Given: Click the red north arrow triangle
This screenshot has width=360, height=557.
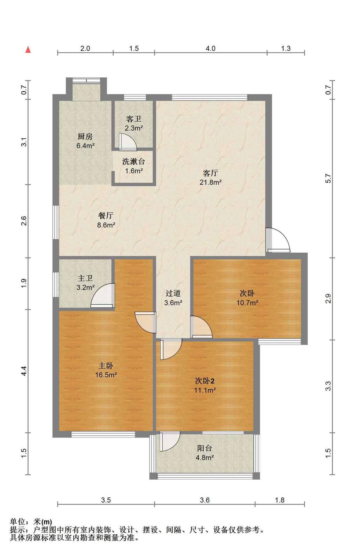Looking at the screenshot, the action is [x=28, y=50].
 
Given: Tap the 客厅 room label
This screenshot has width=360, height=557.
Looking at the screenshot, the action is [x=210, y=173].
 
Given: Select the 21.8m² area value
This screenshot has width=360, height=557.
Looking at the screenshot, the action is [x=210, y=182].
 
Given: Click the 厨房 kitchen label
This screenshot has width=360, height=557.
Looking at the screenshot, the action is [x=85, y=136].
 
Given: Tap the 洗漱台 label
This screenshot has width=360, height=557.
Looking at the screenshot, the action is [x=134, y=161].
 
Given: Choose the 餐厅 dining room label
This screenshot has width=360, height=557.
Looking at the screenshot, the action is [x=106, y=216].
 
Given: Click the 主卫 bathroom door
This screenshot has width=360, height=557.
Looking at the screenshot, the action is [x=103, y=295].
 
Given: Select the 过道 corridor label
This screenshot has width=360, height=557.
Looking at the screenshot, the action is [x=173, y=293].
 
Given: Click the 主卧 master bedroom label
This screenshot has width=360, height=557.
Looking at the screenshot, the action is [x=106, y=366].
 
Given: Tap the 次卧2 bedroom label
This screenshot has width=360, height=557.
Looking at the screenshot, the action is [x=205, y=381].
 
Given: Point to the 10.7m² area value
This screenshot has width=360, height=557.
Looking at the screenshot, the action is [x=247, y=303].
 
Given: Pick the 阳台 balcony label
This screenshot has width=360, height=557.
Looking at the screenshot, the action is [x=205, y=448].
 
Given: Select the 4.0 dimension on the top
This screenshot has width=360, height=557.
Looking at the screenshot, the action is [x=210, y=48].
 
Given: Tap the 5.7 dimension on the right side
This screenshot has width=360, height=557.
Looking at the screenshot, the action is [x=328, y=178].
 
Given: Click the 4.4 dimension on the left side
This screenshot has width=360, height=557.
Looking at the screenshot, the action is [x=24, y=371].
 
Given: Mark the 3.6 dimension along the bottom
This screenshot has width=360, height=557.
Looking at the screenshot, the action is [x=205, y=500].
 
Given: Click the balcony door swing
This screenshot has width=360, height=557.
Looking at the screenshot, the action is [x=170, y=441].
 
